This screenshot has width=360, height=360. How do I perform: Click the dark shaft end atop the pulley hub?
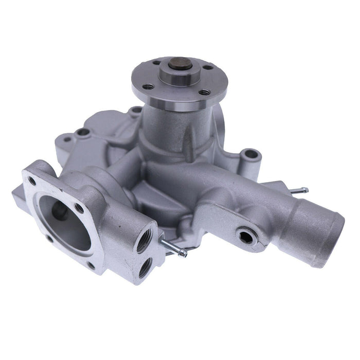(175, 65)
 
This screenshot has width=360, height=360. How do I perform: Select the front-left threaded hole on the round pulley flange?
(149, 86)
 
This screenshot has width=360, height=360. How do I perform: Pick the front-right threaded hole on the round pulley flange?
(204, 93)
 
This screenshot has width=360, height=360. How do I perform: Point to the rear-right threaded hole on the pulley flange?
(208, 67)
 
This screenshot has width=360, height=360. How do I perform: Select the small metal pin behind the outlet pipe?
(298, 191)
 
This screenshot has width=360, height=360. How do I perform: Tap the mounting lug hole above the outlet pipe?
(250, 154)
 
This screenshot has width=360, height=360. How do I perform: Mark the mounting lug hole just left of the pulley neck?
(135, 110)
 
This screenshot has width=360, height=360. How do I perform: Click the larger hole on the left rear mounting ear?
(82, 132)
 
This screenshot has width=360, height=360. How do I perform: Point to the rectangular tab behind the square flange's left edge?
(19, 195)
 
